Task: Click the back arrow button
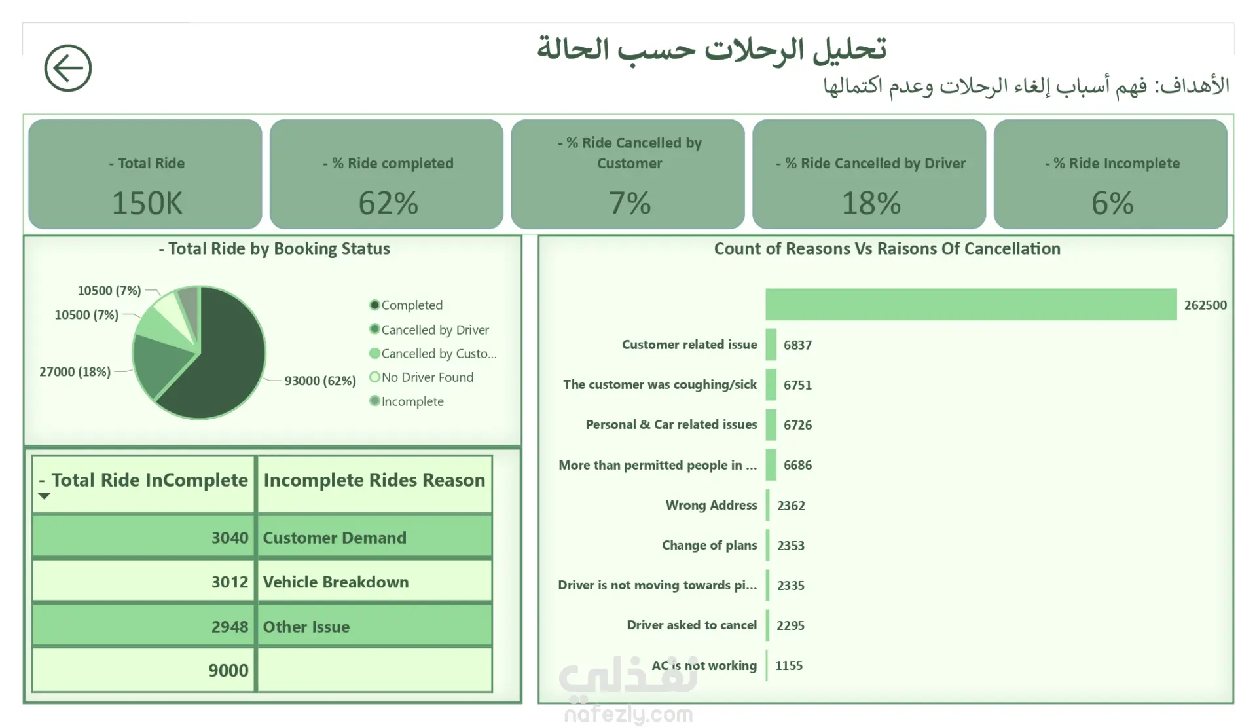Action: pos(68,68)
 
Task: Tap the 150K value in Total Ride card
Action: pos(147,203)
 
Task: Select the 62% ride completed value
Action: pos(388,203)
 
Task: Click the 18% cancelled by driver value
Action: pos(871,203)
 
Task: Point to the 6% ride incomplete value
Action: pos(1112,203)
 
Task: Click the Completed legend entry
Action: pos(411,305)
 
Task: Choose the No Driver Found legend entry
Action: pos(427,377)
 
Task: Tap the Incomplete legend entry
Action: pos(412,401)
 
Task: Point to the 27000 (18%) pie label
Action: pos(75,372)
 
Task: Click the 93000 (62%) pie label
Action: pos(320,381)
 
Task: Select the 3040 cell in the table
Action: pos(229,538)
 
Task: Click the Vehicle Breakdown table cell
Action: pos(336,582)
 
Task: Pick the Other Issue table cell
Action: pos(306,627)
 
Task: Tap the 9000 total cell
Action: pos(228,671)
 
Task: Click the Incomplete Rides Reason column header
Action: pos(374,480)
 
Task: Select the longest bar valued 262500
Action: pos(971,305)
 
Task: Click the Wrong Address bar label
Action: pos(711,505)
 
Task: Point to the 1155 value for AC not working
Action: pos(789,665)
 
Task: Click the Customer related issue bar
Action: pos(771,345)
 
